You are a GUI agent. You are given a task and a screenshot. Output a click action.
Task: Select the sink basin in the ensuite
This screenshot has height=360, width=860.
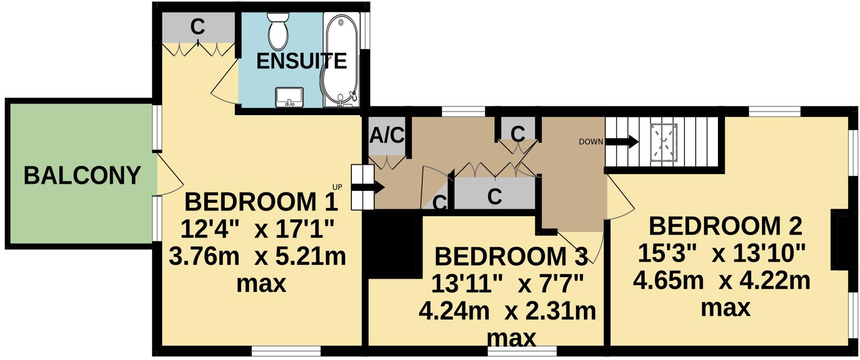tap(289, 97)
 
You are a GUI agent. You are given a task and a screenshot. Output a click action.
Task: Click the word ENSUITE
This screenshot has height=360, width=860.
tap(302, 62)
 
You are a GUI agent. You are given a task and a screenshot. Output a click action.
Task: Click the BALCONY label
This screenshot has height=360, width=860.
tap(82, 176)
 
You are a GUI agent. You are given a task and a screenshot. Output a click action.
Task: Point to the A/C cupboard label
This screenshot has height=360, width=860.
tap(386, 136)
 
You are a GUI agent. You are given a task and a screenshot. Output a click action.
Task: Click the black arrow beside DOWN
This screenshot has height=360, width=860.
tap(622, 141)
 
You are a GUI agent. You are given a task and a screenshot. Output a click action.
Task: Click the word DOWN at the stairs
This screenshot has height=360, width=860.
tap(591, 142)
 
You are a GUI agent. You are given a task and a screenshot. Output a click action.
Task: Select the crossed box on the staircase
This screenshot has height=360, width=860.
tap(663, 143)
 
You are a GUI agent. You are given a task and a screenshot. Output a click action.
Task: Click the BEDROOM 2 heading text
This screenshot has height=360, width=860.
tap(725, 226)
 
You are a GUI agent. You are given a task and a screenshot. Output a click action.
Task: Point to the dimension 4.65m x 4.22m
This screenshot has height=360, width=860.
tap(722, 281)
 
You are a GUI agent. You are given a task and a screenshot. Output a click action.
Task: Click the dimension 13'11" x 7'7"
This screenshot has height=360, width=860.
tap(508, 285)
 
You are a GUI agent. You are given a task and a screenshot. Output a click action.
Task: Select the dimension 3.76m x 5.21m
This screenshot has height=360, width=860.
tap(258, 257)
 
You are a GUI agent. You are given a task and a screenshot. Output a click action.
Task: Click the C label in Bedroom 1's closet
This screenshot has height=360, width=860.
tap(197, 27)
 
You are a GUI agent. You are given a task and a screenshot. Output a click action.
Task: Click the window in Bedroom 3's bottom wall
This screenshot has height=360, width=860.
tap(522, 351)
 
